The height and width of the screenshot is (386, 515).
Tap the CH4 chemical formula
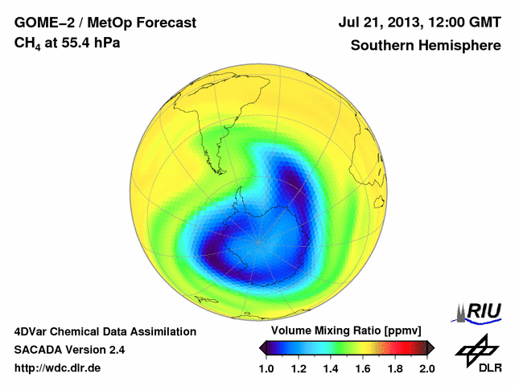tap(28, 43)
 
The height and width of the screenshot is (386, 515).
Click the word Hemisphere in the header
tap(460, 45)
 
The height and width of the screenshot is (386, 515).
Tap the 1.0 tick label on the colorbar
tap(267, 368)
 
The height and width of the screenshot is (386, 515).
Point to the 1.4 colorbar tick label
tap(331, 368)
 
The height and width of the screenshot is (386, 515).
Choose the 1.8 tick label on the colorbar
tap(394, 368)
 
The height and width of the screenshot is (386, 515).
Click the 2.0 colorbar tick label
tap(426, 368)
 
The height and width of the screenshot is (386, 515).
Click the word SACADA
tap(40, 350)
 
